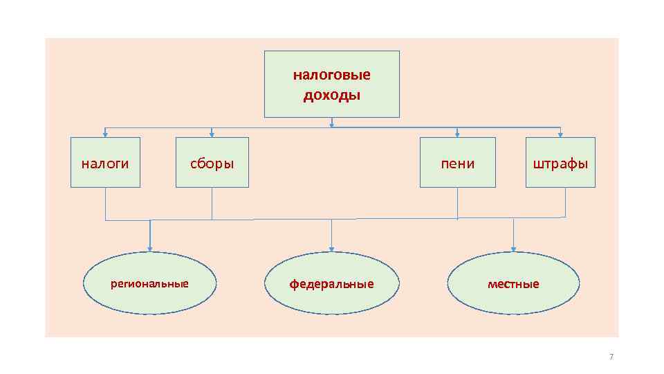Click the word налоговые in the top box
coord(331,74)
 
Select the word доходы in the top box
coord(331,95)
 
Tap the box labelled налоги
coord(105,163)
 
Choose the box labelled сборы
coord(212,163)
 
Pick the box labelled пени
coord(458,163)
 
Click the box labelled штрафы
coord(560,163)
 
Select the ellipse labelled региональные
coord(149,283)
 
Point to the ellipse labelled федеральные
coord(332,283)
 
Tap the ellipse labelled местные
coord(513,283)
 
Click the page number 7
coord(611,357)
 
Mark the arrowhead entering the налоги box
coord(105,134)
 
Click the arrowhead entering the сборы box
coord(212,134)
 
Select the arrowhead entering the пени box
coord(457,134)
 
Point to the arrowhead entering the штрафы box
coord(560,134)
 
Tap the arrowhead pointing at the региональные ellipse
coord(150,249)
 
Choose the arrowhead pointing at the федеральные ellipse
coord(332,249)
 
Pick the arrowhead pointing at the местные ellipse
coord(513,249)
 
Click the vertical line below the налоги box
coord(105,204)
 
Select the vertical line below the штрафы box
coord(565,202)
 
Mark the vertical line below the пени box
coord(458,203)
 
